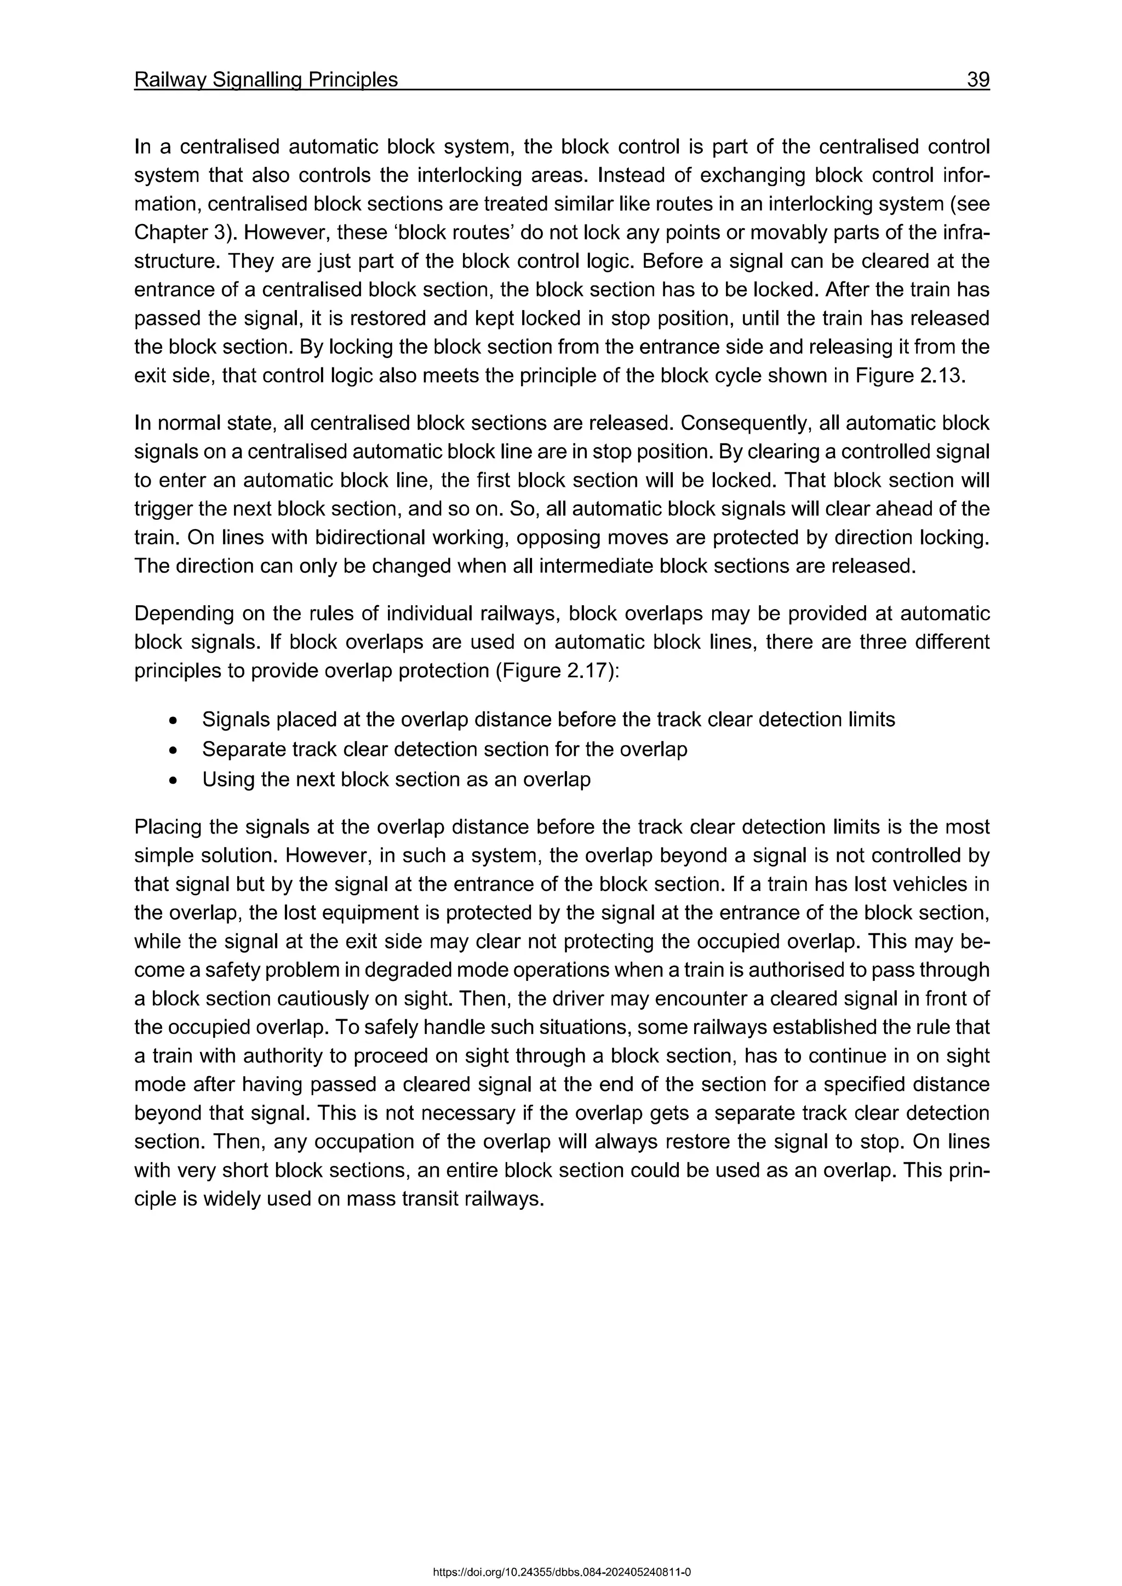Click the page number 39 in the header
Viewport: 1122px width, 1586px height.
(x=977, y=80)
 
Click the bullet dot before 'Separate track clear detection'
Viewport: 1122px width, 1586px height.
(x=174, y=750)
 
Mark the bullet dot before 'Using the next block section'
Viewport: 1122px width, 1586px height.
(x=174, y=780)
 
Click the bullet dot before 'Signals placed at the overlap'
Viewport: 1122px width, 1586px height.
(x=174, y=721)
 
